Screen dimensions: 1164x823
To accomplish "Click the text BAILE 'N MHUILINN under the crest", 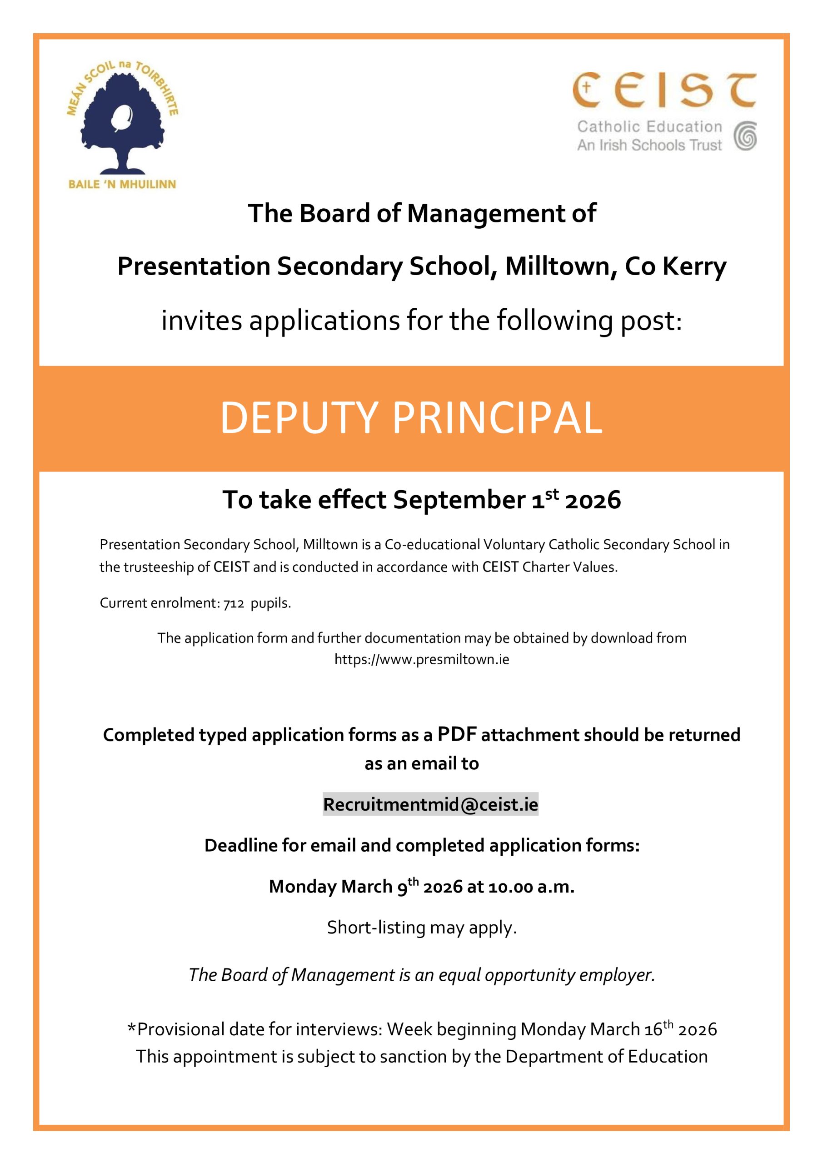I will pyautogui.click(x=122, y=184).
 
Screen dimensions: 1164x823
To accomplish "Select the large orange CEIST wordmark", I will pyautogui.click(x=664, y=90).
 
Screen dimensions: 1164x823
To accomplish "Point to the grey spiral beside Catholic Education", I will pyautogui.click(x=745, y=136).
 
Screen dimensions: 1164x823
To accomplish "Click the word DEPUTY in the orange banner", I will pyautogui.click(x=299, y=418).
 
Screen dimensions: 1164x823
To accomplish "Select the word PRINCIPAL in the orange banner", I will pyautogui.click(x=497, y=418).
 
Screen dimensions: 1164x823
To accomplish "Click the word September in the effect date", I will pyautogui.click(x=459, y=500).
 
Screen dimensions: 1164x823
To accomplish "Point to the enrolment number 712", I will pyautogui.click(x=234, y=603).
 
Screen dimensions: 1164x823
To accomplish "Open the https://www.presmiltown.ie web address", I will pyautogui.click(x=422, y=660).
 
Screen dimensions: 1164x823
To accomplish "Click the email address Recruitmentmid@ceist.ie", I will pyautogui.click(x=430, y=804).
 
